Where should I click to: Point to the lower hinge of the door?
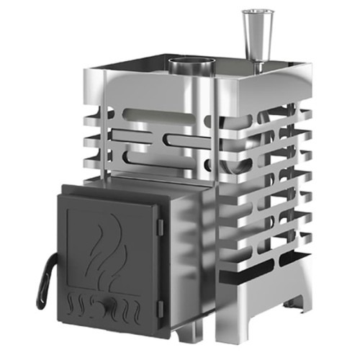160,308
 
